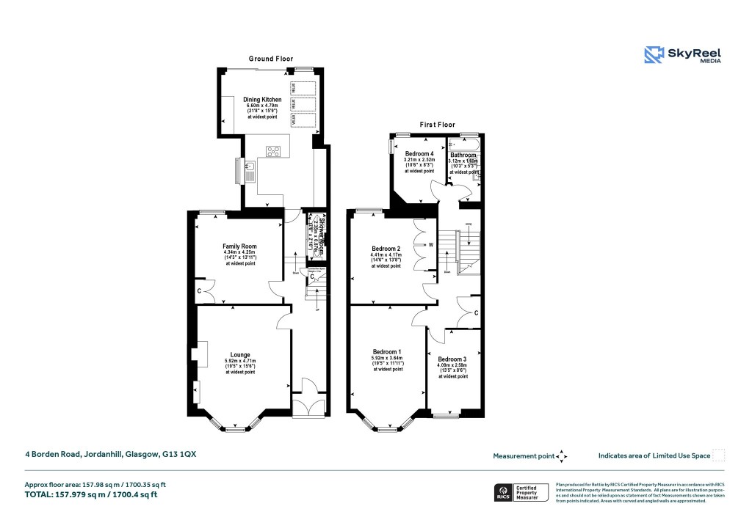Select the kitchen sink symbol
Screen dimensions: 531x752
pos(250,172)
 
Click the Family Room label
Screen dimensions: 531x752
pos(239,246)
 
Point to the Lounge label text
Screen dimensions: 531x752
pos(240,355)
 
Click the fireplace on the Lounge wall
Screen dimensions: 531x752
pos(200,354)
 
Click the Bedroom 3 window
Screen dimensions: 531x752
pos(444,416)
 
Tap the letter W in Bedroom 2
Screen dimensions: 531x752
pos(431,245)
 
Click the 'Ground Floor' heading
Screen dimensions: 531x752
pos(271,59)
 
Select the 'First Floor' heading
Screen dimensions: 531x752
pos(435,125)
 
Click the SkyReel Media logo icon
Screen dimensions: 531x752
pos(654,55)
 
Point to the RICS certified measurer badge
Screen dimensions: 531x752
pos(520,492)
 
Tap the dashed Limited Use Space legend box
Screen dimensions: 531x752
pos(719,455)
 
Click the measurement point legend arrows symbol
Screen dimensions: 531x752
pos(562,456)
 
